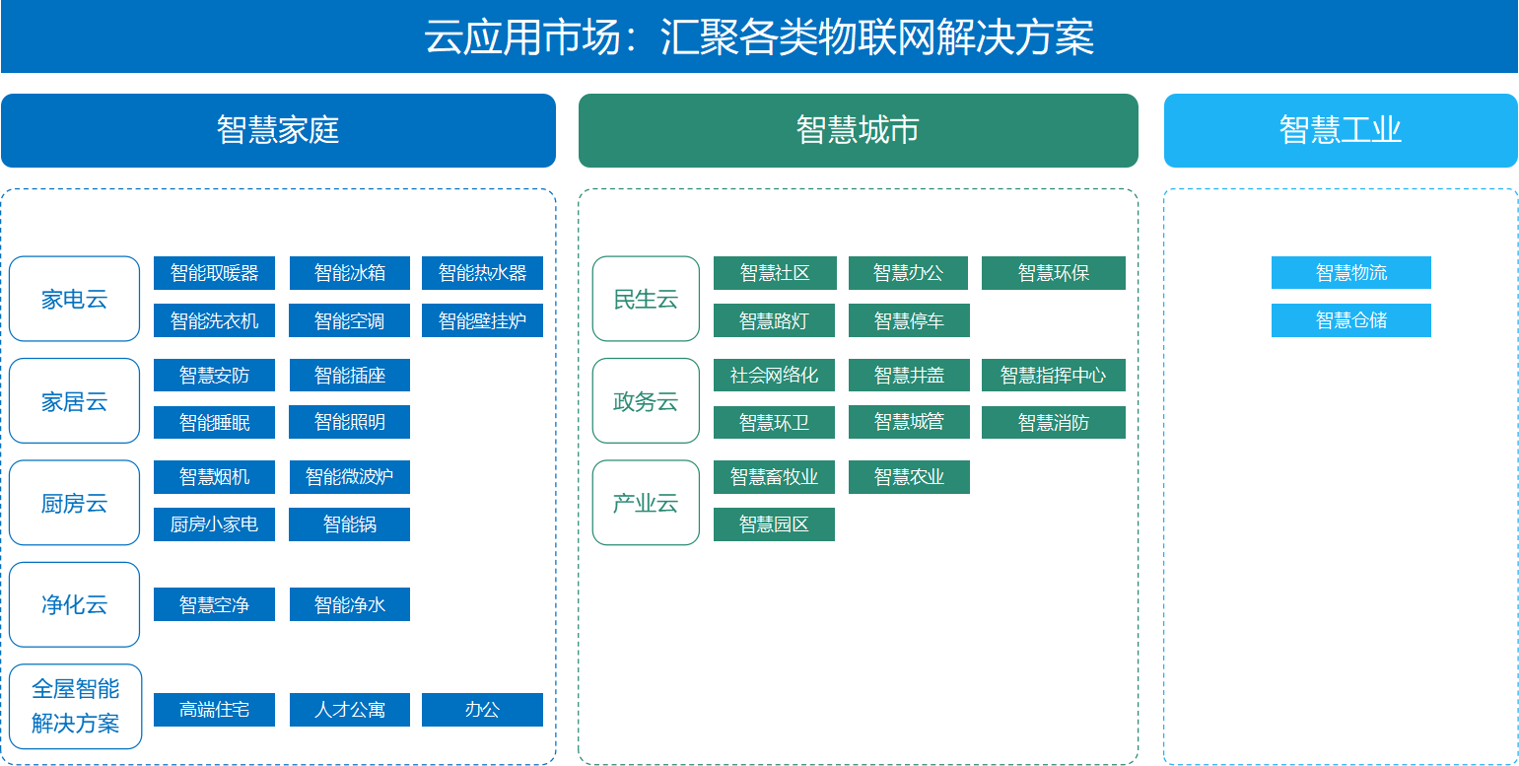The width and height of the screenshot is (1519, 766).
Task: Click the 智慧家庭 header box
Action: pyautogui.click(x=278, y=130)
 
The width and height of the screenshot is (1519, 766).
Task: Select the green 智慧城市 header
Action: pyautogui.click(x=858, y=130)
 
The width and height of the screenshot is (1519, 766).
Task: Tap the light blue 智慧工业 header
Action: pyautogui.click(x=1341, y=130)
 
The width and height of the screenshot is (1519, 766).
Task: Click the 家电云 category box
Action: pyautogui.click(x=75, y=299)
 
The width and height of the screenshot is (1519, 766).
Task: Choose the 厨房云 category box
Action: pyautogui.click(x=75, y=503)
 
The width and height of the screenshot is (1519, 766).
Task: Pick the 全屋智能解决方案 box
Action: pyautogui.click(x=75, y=706)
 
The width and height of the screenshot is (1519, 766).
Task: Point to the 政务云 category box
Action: pyautogui.click(x=646, y=401)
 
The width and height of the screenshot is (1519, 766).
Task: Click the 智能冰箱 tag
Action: pyautogui.click(x=349, y=273)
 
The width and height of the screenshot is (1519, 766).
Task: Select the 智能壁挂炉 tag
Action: pyautogui.click(x=482, y=320)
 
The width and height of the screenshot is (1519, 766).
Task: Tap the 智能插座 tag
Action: pyautogui.click(x=349, y=375)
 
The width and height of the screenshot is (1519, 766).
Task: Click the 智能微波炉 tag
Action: pyautogui.click(x=349, y=477)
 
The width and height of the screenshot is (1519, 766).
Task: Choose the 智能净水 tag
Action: pyautogui.click(x=349, y=604)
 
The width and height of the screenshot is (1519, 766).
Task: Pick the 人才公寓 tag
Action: pyautogui.click(x=349, y=710)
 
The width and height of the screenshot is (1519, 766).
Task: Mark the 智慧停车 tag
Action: pyautogui.click(x=909, y=320)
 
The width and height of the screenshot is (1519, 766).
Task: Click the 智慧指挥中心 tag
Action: pyautogui.click(x=1053, y=375)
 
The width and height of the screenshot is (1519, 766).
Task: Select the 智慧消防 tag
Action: pyautogui.click(x=1053, y=422)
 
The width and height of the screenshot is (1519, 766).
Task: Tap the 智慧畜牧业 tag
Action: pyautogui.click(x=774, y=477)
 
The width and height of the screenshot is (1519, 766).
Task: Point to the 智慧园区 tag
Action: pyautogui.click(x=774, y=524)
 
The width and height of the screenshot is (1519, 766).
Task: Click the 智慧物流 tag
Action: pyautogui.click(x=1350, y=273)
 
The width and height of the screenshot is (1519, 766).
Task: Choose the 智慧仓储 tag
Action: pyautogui.click(x=1350, y=320)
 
